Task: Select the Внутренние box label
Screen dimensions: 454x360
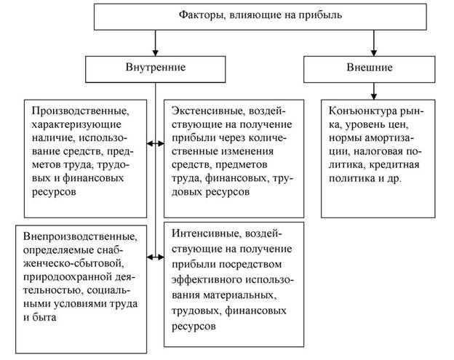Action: point(156,68)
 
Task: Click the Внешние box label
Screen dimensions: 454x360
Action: point(370,68)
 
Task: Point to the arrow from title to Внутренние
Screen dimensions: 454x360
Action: point(156,43)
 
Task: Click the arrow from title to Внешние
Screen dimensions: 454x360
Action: point(374,43)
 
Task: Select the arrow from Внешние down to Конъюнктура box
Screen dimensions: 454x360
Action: point(374,91)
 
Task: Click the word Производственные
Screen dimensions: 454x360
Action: point(81,111)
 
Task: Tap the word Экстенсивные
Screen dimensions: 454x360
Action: point(208,111)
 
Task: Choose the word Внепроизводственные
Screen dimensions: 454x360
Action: point(80,236)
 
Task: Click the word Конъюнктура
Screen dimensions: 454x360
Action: point(362,111)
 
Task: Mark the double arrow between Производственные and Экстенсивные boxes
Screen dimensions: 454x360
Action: point(156,143)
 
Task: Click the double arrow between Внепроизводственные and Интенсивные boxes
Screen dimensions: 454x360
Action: point(156,257)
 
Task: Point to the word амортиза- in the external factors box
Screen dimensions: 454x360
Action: point(389,138)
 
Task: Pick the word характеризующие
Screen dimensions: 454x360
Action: point(76,124)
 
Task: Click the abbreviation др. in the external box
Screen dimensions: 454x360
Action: point(394,178)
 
